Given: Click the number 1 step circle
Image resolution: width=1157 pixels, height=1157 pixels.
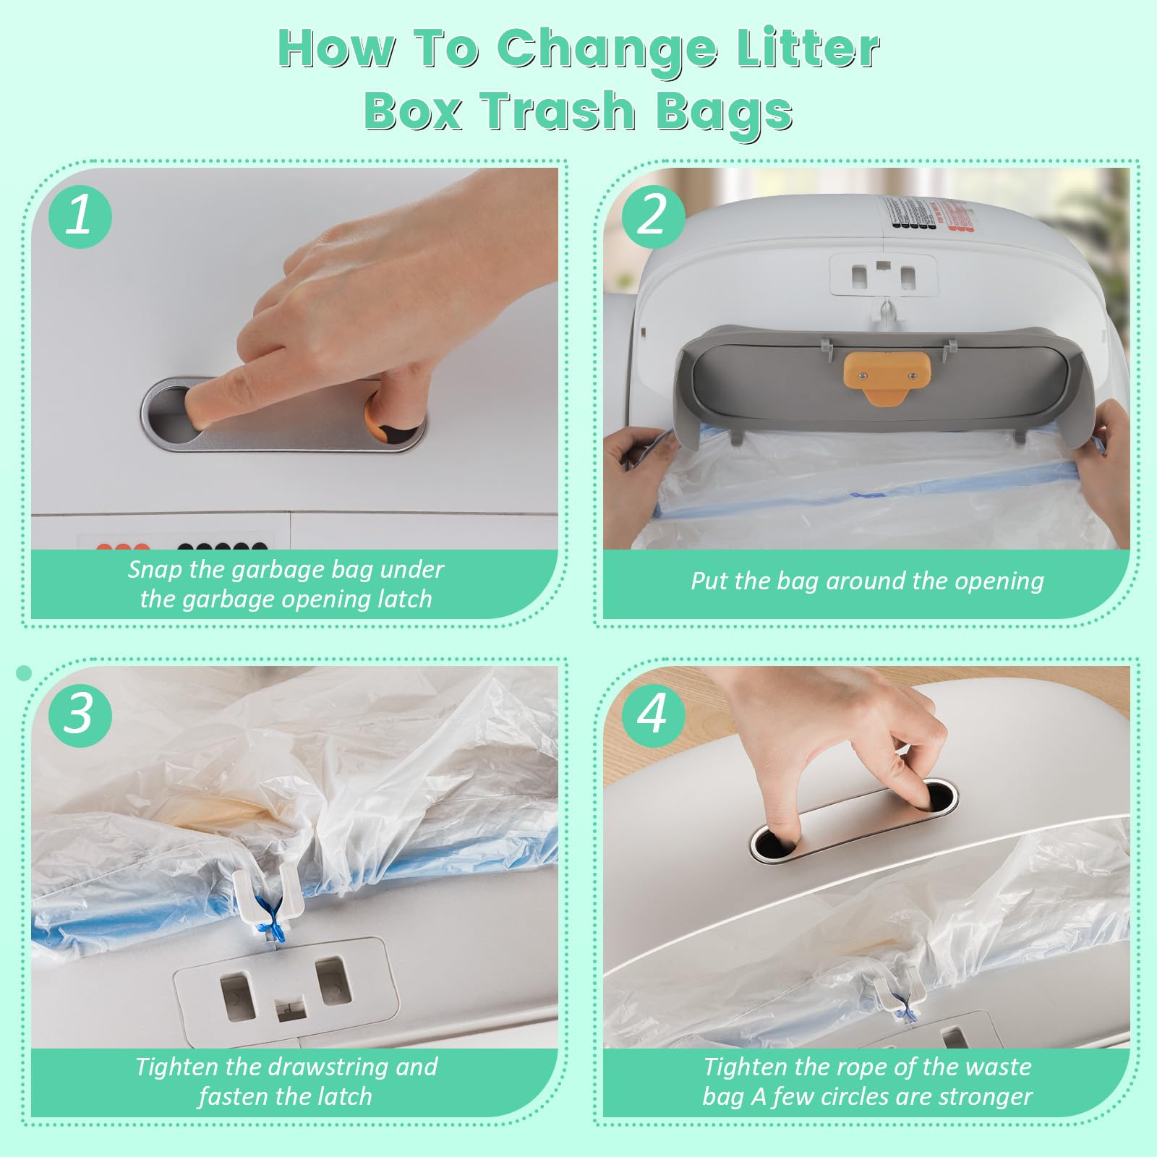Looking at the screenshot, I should coord(80,216).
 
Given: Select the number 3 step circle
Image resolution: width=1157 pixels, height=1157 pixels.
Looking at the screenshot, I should coord(80,715).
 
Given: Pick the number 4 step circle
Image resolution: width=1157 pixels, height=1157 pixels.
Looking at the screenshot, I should coord(653,715).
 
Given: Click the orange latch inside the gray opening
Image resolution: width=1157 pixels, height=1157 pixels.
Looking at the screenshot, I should coord(887,376).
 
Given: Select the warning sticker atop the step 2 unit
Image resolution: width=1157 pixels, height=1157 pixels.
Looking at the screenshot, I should coord(927,214).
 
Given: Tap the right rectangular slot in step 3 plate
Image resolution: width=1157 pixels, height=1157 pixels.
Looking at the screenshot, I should coord(333,981).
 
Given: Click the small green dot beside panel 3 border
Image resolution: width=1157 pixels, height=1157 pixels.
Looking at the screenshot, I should coord(24,673).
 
